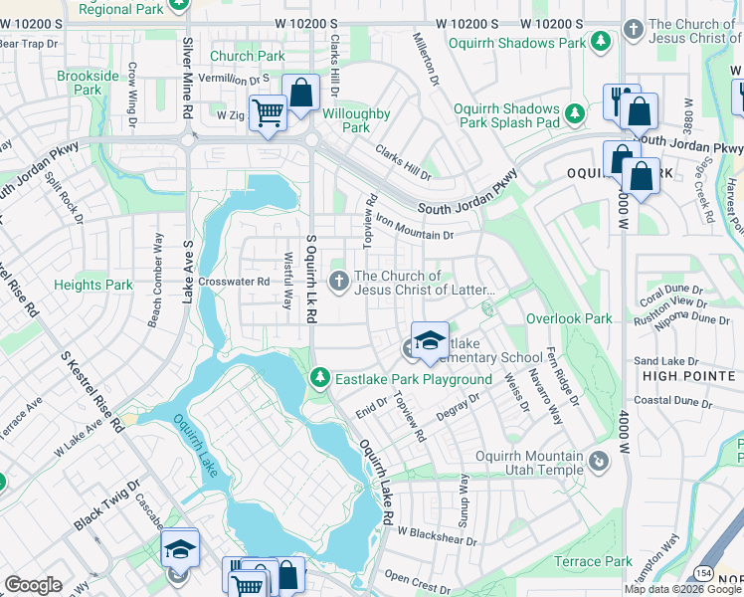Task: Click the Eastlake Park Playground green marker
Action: [x=319, y=378]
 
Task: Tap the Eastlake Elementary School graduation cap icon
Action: [x=429, y=341]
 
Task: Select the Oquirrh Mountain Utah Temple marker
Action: [x=598, y=461]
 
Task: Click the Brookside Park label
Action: [x=88, y=83]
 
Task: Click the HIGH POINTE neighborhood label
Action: [x=687, y=376]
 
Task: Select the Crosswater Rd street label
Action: [x=234, y=282]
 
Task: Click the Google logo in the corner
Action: [x=33, y=585]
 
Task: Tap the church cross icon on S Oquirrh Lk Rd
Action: [x=339, y=283]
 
